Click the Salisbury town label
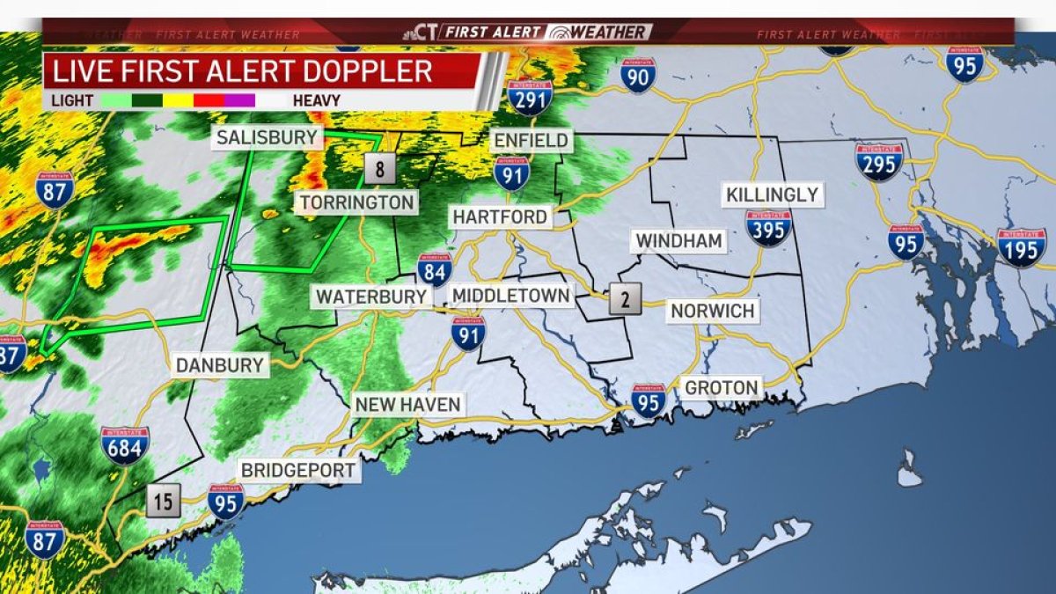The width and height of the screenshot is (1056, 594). click(x=267, y=137)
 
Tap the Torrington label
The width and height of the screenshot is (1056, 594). click(x=356, y=203)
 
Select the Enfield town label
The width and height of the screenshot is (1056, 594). click(x=531, y=140)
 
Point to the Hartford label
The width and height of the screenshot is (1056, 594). click(x=501, y=216)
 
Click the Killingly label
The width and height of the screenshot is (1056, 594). click(x=773, y=194)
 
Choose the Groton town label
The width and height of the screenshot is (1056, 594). click(x=722, y=387)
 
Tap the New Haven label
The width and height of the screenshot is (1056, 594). click(x=407, y=405)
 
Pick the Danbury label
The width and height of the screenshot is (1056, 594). click(x=220, y=365)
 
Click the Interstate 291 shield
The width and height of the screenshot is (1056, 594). click(x=530, y=98)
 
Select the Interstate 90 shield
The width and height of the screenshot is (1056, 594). click(x=638, y=76)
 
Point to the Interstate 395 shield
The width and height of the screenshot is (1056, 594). click(x=768, y=228)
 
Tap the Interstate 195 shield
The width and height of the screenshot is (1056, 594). click(x=1022, y=247)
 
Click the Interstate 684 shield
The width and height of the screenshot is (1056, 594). click(x=125, y=445)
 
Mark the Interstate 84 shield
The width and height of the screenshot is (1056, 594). click(x=435, y=269)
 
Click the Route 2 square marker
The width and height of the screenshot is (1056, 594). click(x=625, y=299)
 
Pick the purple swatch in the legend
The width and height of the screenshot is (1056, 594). click(x=239, y=100)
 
